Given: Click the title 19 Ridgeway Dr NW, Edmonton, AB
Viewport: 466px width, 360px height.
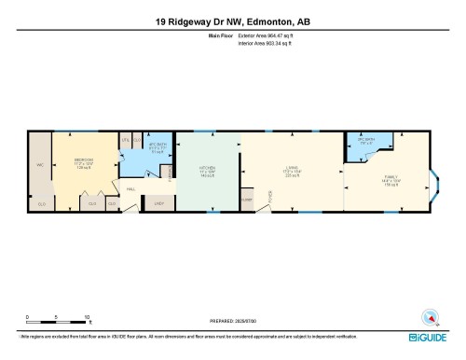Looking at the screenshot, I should click(x=232, y=20).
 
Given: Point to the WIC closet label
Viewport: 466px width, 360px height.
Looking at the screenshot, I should click(x=40, y=165).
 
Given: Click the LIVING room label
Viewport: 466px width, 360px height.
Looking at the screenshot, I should click(x=291, y=171).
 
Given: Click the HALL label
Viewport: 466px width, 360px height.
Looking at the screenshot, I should click(x=131, y=189).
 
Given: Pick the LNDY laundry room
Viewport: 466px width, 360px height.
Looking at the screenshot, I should click(x=158, y=202).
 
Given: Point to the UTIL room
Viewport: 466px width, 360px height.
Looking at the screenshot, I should click(x=125, y=139).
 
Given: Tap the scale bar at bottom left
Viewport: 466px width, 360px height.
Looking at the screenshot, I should click(x=57, y=320).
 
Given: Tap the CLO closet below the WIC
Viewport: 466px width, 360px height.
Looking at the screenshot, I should click(x=41, y=202).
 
